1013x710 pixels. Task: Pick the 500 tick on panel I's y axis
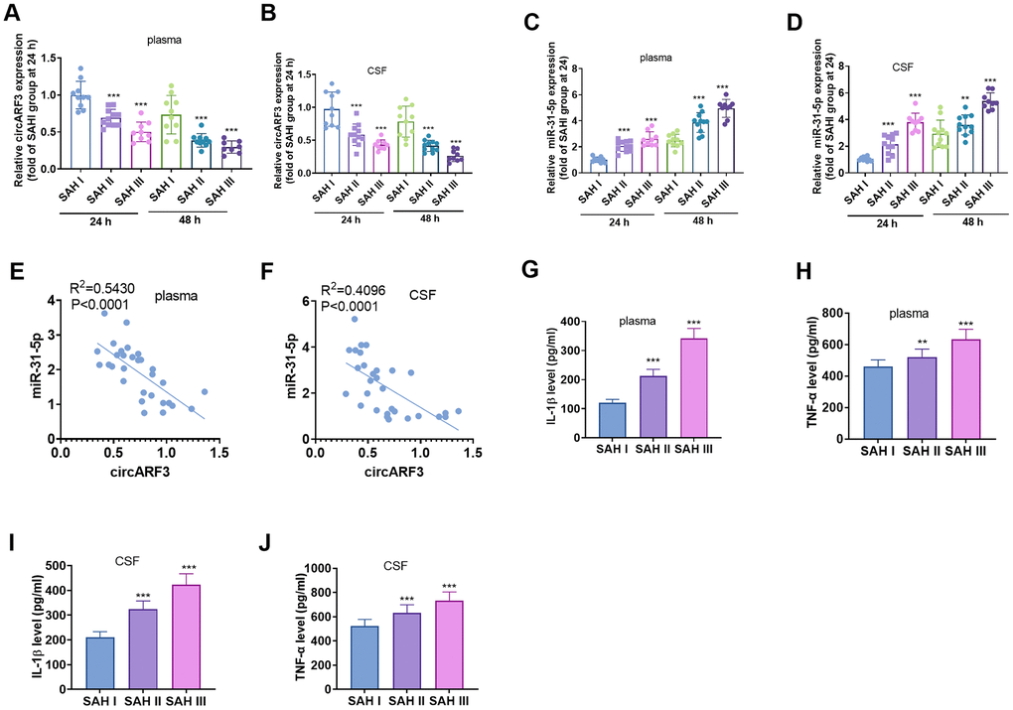click(x=62, y=566)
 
